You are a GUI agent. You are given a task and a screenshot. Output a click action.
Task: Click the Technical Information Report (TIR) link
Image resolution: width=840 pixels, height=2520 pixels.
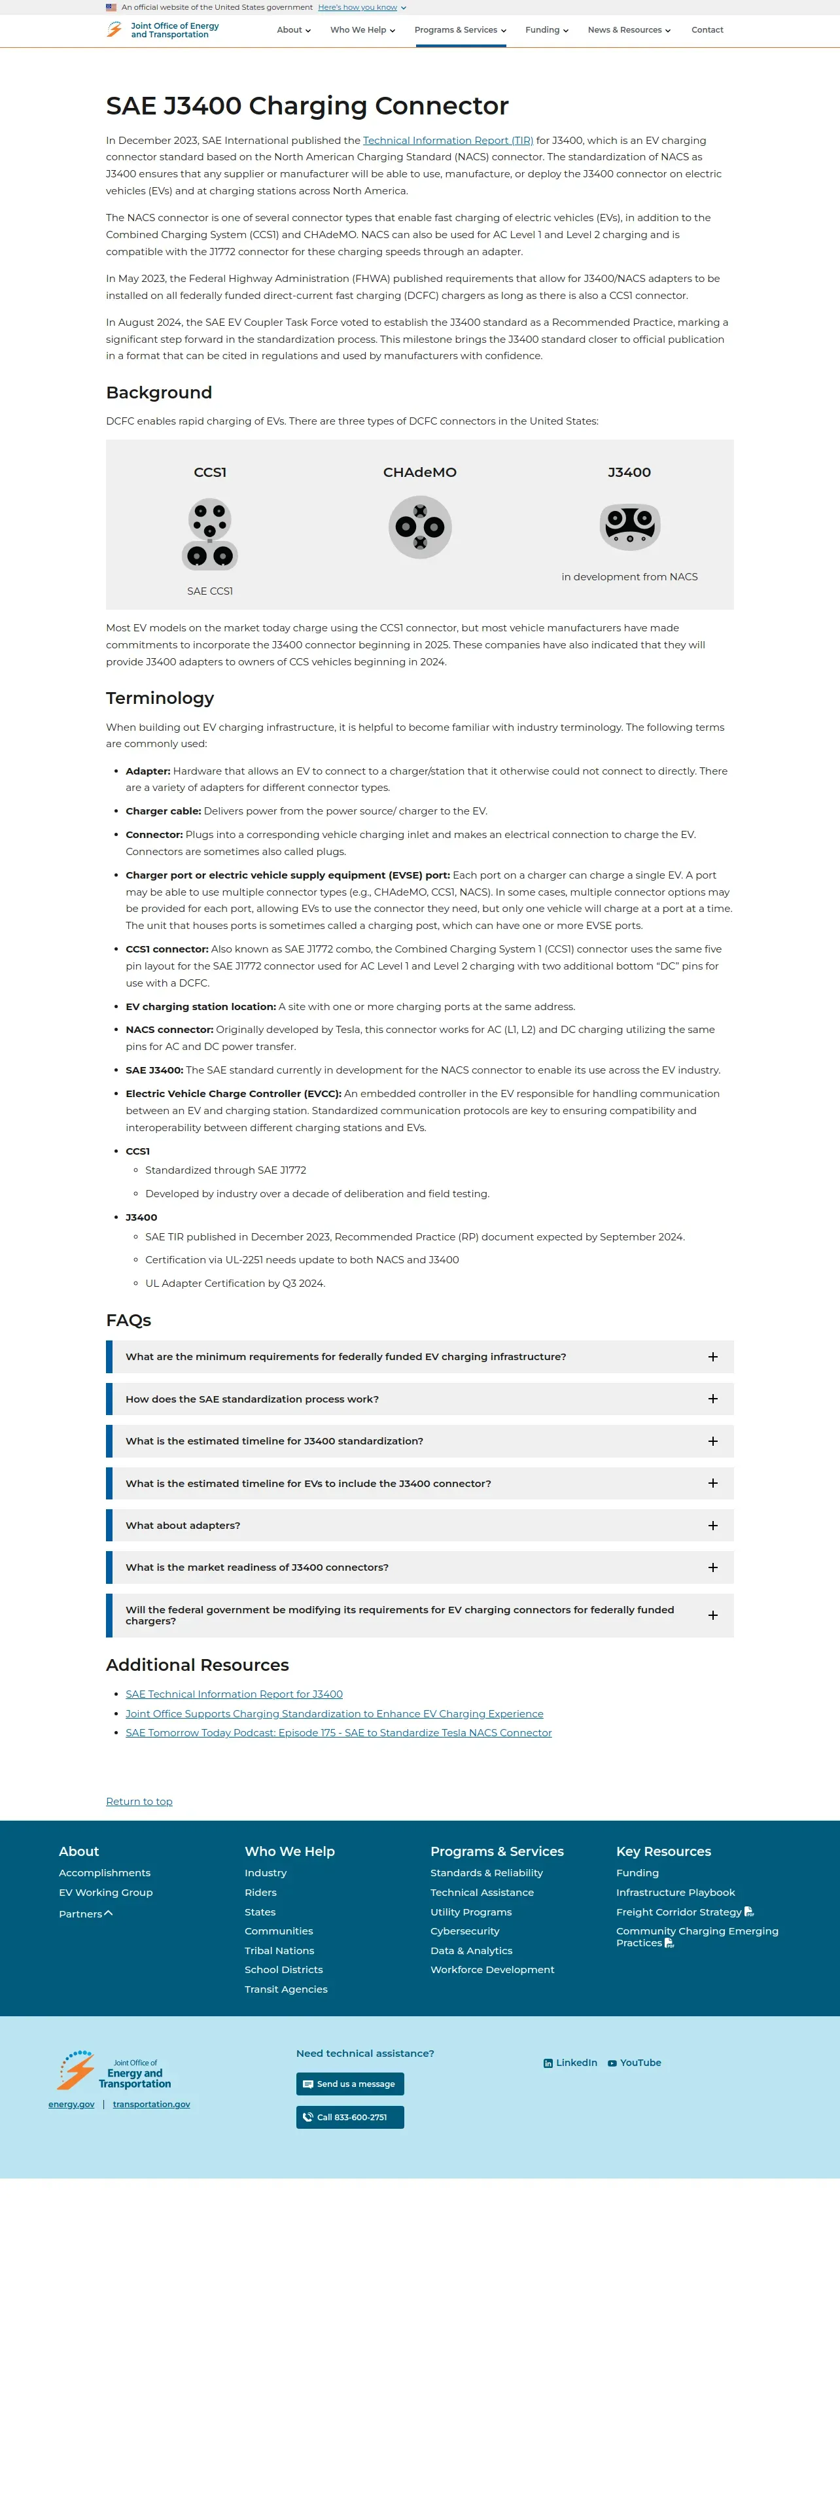(x=448, y=141)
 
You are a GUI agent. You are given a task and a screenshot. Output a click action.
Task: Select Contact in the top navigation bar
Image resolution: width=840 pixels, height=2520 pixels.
(x=707, y=30)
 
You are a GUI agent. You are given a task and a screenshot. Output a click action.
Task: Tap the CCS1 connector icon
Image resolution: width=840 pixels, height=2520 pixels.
(x=210, y=533)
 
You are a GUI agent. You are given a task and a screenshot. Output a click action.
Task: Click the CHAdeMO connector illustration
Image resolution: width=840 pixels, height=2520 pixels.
(x=419, y=527)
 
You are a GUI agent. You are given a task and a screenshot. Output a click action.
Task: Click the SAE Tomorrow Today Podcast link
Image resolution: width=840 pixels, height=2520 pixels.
(x=338, y=1732)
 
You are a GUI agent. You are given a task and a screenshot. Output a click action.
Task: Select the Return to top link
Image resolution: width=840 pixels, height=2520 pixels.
(x=139, y=1801)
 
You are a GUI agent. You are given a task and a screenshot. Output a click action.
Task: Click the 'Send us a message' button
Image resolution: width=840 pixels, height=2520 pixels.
(x=350, y=2084)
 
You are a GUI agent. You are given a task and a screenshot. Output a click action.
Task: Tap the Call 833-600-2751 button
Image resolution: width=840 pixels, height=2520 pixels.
(x=350, y=2117)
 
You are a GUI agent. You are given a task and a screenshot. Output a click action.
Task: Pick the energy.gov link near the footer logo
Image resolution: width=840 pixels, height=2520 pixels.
(x=71, y=2104)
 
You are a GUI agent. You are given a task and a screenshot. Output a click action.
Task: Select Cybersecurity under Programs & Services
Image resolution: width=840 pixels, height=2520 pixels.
(x=464, y=1931)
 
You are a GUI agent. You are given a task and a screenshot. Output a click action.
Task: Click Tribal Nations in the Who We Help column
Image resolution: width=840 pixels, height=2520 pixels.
(x=279, y=1951)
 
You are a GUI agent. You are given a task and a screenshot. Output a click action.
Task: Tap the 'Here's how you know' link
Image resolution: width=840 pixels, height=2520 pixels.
(x=358, y=7)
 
